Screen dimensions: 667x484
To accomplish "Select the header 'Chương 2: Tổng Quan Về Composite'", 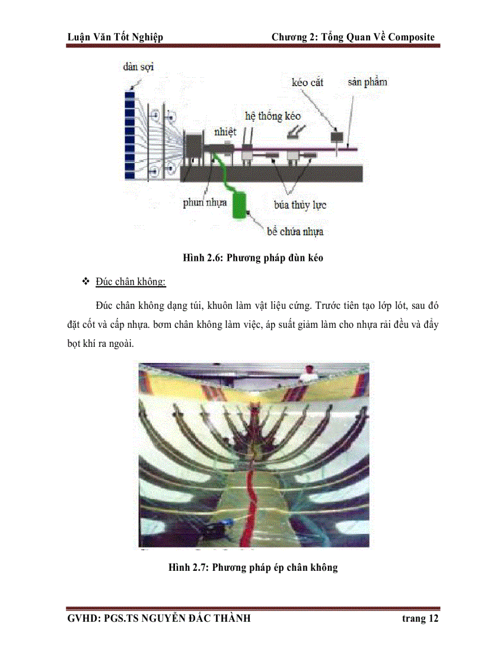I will [x=353, y=37].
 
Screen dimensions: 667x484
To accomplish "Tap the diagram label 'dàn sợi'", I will [x=138, y=67].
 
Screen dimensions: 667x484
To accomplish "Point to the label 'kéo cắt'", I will [x=307, y=82].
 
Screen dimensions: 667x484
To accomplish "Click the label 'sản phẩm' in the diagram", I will [x=367, y=81].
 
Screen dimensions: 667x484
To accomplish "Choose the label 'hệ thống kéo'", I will [x=273, y=116].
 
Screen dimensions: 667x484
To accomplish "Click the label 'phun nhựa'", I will [x=205, y=203].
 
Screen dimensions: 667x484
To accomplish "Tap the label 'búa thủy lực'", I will [x=300, y=205].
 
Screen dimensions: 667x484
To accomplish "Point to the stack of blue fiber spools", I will [x=130, y=135].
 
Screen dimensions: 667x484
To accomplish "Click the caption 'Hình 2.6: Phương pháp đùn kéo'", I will [x=253, y=259].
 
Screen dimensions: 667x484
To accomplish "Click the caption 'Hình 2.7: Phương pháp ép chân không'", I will [x=253, y=567].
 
